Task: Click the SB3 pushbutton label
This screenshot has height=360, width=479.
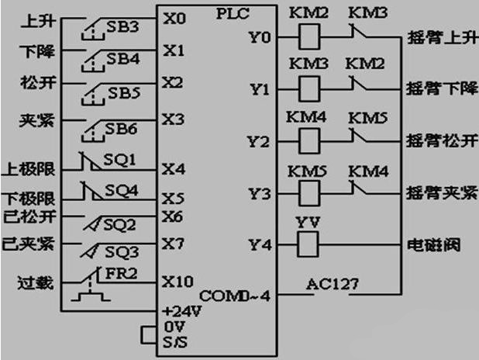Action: tap(122, 28)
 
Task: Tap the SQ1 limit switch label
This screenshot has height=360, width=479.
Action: tap(120, 159)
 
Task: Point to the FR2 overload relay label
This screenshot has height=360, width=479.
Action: tap(122, 272)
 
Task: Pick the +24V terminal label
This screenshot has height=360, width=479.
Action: tap(180, 310)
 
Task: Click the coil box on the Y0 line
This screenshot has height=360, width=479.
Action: tap(309, 37)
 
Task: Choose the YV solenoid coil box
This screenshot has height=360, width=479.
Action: tap(309, 246)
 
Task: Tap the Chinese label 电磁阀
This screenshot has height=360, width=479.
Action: tap(434, 246)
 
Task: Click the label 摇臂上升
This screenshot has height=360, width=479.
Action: tap(437, 37)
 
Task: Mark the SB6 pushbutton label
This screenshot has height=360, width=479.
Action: tap(122, 129)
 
